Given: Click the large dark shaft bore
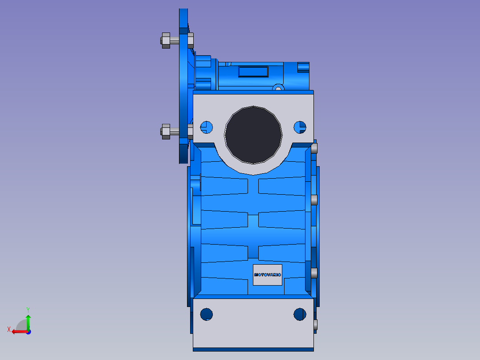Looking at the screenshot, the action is pyautogui.click(x=253, y=135).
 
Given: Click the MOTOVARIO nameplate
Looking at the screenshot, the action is pyautogui.click(x=267, y=274).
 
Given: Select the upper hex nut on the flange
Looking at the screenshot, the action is pyautogui.click(x=166, y=41).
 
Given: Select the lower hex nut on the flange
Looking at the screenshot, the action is pyautogui.click(x=166, y=132).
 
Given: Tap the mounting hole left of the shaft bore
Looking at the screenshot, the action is pyautogui.click(x=206, y=127).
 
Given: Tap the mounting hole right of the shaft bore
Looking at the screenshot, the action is pyautogui.click(x=300, y=127).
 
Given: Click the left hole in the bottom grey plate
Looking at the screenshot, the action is pyautogui.click(x=206, y=315).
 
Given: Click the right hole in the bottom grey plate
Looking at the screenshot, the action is pyautogui.click(x=300, y=315).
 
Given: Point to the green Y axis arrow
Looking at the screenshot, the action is pyautogui.click(x=28, y=323).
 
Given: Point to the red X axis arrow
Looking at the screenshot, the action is pyautogui.click(x=20, y=331).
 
